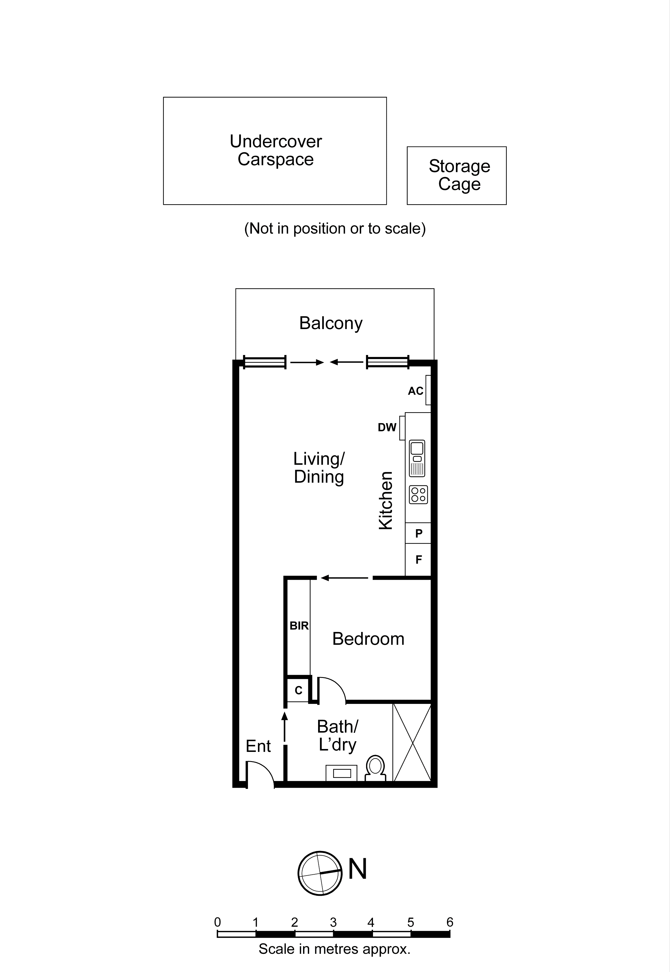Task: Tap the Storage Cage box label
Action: [459, 175]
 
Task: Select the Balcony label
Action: [331, 323]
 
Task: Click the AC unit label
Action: [415, 391]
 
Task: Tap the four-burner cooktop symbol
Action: [418, 495]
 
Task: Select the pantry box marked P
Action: [419, 534]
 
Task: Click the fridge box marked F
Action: [419, 560]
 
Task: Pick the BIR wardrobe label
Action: [299, 626]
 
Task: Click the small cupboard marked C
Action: [298, 690]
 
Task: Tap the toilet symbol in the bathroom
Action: [376, 767]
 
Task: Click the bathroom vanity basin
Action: [342, 773]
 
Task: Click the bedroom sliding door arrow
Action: [344, 578]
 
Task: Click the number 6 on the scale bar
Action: [450, 922]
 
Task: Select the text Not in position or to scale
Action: [335, 228]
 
